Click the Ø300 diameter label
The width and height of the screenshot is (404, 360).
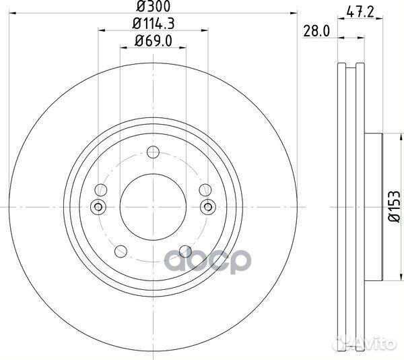(x=152, y=6)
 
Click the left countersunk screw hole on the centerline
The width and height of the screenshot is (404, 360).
(x=98, y=206)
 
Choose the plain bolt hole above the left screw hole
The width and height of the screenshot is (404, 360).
(x=101, y=189)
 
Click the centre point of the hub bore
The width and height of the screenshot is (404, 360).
(x=152, y=206)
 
